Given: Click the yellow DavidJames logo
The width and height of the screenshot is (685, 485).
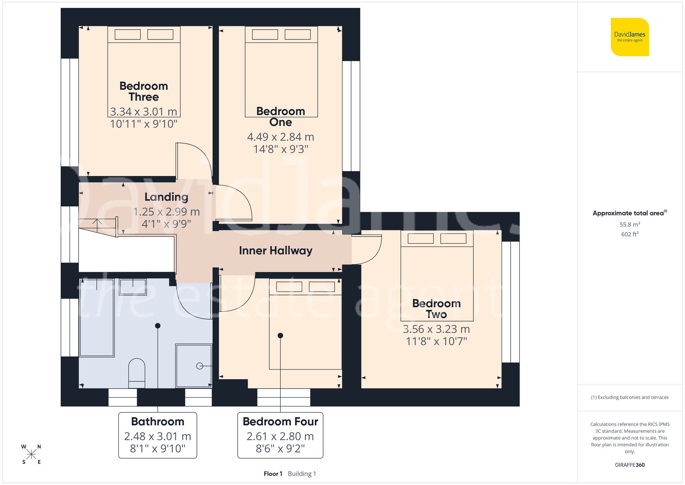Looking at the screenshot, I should pos(630,37).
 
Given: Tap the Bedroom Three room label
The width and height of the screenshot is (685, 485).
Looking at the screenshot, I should pos(144,91).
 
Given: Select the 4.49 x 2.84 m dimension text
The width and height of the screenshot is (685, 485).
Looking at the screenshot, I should pos(281,137).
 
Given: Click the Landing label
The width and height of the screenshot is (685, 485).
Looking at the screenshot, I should pos(166,197).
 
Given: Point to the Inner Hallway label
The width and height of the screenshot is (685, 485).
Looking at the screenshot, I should pos(275,251).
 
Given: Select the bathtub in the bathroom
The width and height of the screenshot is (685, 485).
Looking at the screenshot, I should pos(97,318).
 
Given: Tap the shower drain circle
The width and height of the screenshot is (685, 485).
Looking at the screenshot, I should pos(199,366).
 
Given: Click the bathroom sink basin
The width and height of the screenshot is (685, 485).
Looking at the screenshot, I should pos(133,287).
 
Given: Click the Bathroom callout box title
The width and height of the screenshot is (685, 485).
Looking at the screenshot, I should pos(158,421).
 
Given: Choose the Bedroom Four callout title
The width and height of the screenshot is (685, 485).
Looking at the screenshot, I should pos(280,421).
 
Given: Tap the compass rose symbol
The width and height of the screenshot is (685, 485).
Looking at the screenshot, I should pos(31,454).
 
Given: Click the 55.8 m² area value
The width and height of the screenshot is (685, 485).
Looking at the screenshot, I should pos(630,225).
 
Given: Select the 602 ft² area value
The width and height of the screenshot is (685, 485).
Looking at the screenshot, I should pos(630,234).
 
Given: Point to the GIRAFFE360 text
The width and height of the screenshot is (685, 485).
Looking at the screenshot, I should pos(630,465).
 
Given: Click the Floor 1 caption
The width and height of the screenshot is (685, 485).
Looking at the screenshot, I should pos(273,474).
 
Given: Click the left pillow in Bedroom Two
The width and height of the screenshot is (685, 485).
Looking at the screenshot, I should pos(421,238).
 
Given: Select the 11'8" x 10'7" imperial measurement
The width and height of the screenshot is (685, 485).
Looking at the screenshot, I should pos(436,341).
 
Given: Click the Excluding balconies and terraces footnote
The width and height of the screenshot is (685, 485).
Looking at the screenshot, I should pos(630,397).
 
